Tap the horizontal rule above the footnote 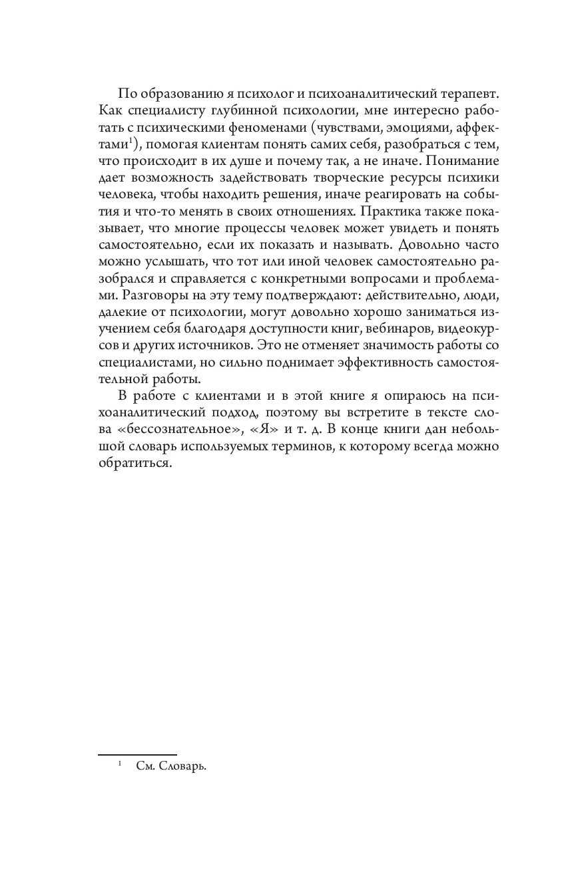click(137, 755)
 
